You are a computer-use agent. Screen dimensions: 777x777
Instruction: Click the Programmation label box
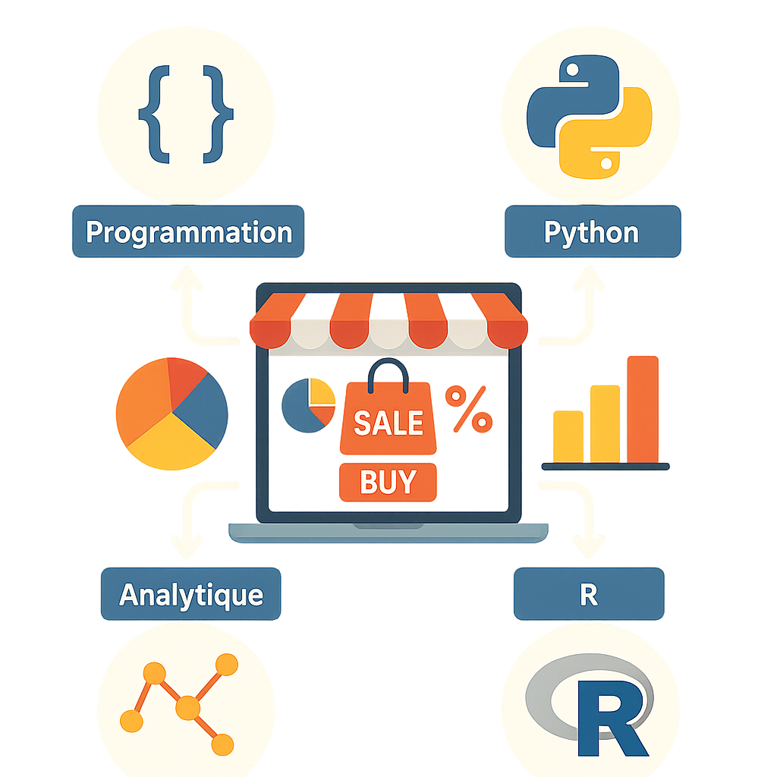click(188, 231)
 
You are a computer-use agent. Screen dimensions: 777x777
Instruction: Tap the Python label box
click(593, 231)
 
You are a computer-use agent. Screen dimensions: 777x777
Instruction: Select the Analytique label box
click(190, 594)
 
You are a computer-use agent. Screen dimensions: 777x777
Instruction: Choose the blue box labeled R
click(589, 594)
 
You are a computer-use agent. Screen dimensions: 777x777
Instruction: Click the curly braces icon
click(185, 114)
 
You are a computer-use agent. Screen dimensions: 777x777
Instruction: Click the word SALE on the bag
click(388, 422)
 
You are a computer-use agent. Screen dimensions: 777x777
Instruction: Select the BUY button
click(388, 482)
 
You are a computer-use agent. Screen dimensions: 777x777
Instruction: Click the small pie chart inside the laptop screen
click(308, 404)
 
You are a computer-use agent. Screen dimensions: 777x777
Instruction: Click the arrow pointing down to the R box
click(586, 543)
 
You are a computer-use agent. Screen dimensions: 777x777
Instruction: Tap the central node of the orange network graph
click(187, 708)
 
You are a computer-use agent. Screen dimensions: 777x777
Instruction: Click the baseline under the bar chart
click(605, 466)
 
